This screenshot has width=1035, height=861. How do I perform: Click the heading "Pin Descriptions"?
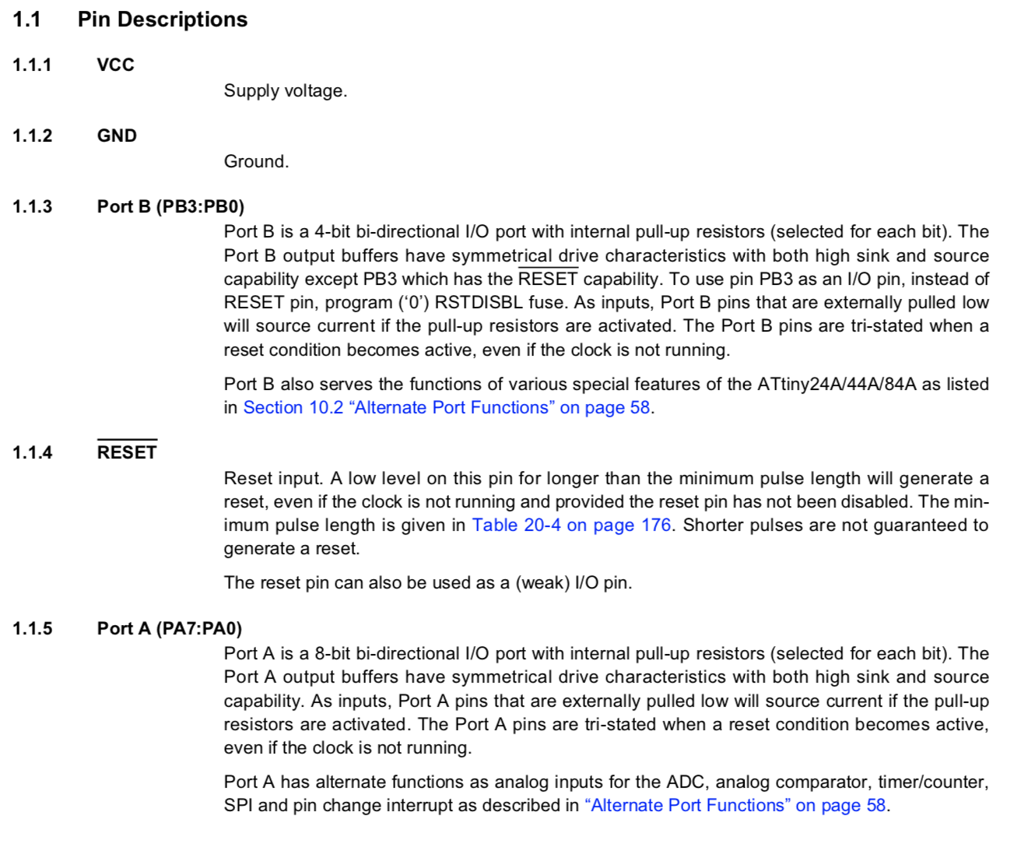point(162,19)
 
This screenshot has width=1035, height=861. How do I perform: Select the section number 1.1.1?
point(32,65)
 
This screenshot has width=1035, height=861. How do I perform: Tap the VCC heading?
point(115,65)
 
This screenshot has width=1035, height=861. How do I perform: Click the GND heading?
point(117,135)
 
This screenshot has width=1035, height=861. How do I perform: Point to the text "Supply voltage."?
point(285,91)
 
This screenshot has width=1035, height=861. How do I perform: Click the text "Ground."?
point(256,162)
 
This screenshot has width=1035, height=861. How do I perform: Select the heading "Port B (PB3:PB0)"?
point(170,206)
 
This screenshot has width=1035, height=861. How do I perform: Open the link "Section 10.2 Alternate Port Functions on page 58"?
point(447,408)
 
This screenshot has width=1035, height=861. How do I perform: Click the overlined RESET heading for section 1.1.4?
point(127,452)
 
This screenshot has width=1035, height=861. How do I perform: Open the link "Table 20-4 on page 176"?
point(571,525)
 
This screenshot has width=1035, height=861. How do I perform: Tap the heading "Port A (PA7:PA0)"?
point(170,628)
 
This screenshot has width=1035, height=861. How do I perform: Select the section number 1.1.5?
point(32,628)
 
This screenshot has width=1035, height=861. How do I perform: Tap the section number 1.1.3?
point(32,206)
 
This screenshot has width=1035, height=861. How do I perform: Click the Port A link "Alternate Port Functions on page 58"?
point(735,806)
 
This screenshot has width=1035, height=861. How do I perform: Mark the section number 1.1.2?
point(32,135)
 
